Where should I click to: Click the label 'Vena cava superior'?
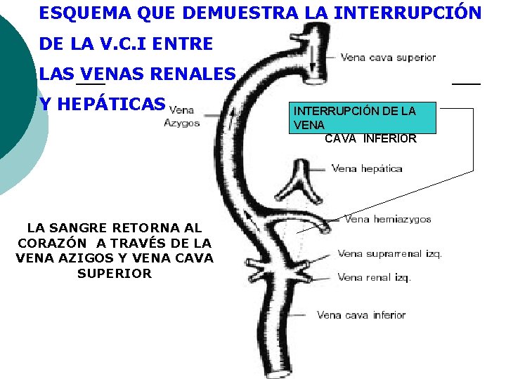388,58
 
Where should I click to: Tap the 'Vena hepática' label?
367,168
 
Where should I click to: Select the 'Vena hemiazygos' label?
388,220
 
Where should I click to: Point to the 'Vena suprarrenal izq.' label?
389,254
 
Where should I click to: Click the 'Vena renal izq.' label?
374,277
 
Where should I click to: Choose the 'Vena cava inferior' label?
361,315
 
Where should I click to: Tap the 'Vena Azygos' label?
181,117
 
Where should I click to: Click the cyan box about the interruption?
365,118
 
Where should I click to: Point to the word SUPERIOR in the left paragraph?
115,274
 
